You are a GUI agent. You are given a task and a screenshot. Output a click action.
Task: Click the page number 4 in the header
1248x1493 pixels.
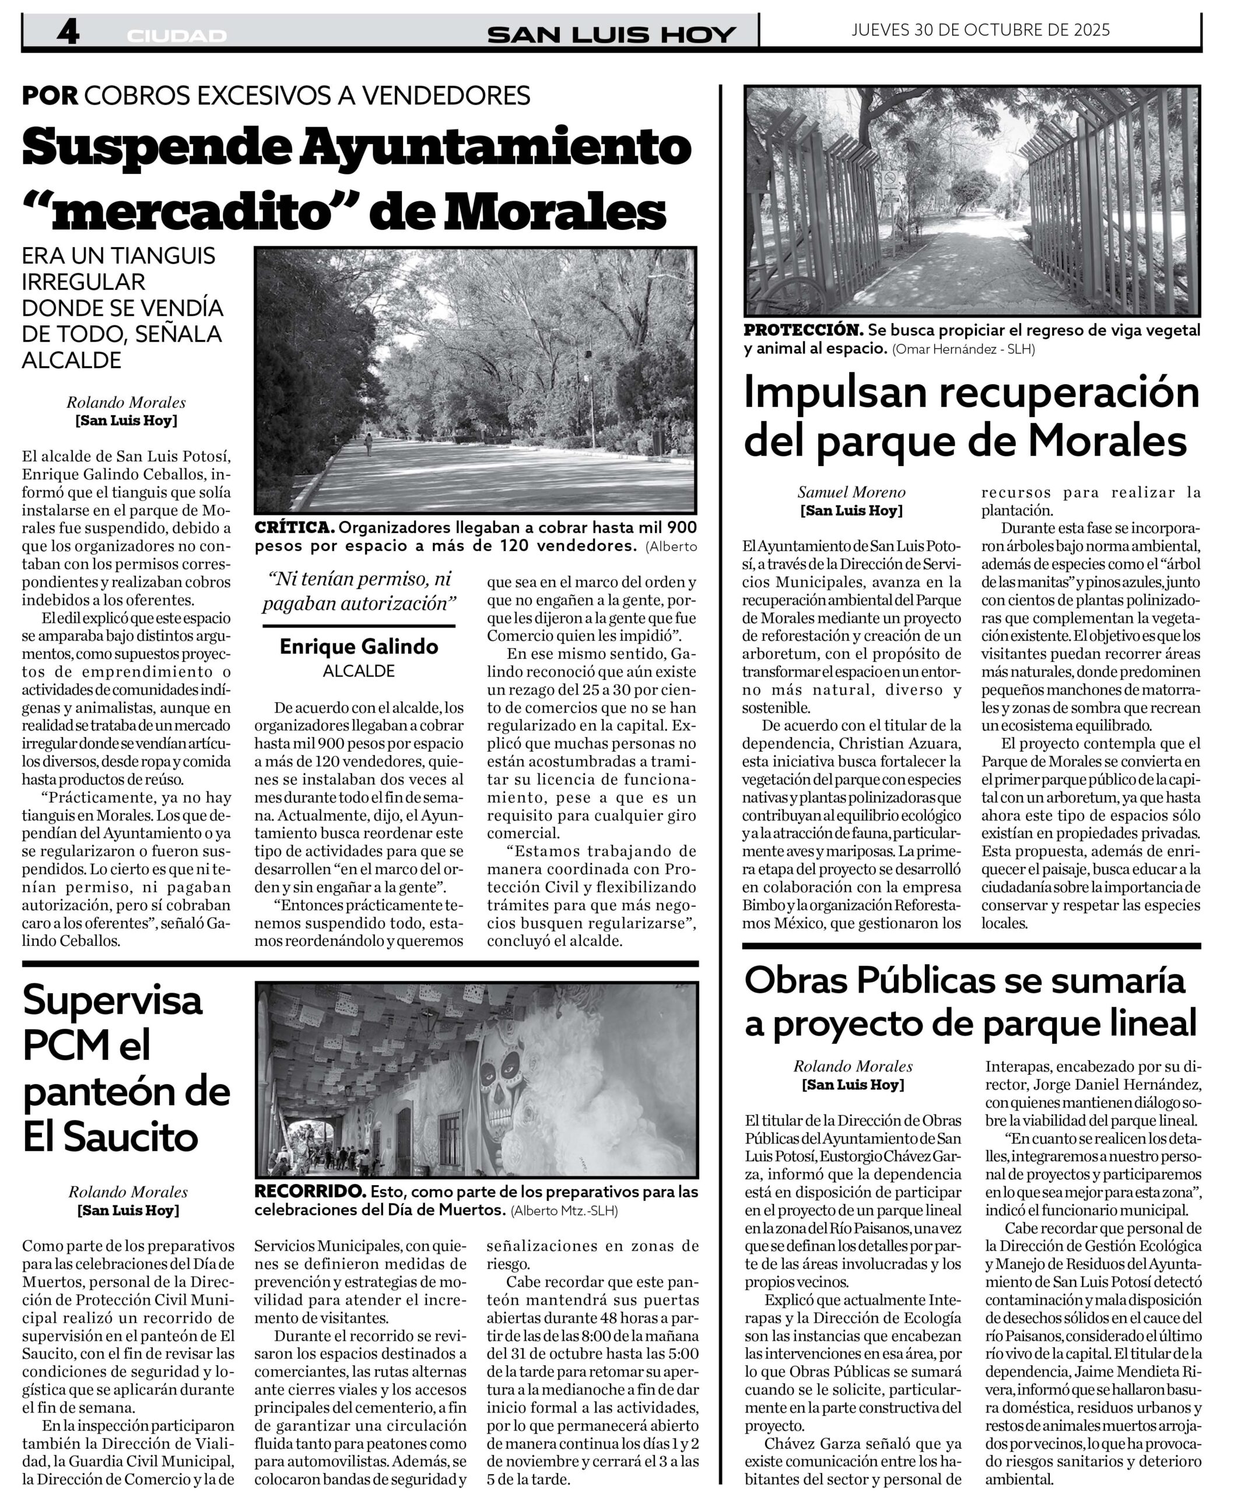68,31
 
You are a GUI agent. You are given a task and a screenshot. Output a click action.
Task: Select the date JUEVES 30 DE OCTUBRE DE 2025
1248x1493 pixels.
981,30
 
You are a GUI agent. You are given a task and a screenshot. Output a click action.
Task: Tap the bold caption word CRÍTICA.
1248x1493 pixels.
294,528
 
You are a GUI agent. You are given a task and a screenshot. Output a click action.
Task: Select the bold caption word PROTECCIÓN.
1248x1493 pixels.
803,330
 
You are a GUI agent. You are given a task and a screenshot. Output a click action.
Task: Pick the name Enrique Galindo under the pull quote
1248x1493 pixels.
359,646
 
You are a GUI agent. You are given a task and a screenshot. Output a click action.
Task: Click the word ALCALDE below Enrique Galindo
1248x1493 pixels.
359,671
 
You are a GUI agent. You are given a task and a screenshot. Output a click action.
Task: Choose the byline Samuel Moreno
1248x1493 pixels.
851,492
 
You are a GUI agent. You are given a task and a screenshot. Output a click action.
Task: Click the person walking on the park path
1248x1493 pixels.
369,444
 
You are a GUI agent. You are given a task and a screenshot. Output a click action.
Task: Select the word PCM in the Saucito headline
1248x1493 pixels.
65,1045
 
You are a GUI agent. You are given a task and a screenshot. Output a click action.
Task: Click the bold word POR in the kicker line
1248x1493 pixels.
50,95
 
